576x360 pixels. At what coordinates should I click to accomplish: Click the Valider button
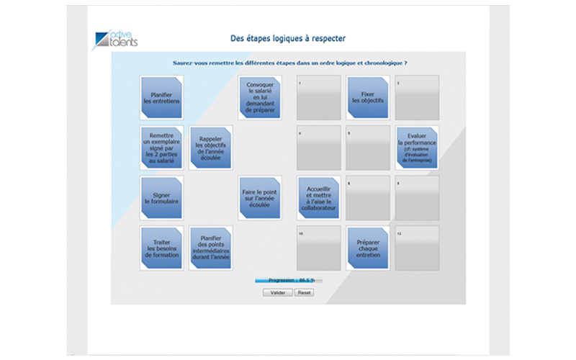[x=277, y=293]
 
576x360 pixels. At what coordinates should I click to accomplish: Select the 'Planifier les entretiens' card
[x=161, y=98]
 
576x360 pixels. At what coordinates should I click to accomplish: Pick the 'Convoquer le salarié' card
[x=260, y=98]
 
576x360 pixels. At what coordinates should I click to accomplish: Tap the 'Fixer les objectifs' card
[x=368, y=98]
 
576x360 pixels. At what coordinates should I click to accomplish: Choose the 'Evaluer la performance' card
[x=417, y=148]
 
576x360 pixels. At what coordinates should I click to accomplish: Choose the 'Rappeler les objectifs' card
[x=210, y=148]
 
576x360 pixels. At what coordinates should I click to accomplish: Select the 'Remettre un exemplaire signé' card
[x=161, y=148]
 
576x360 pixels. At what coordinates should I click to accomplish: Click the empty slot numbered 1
[x=319, y=98]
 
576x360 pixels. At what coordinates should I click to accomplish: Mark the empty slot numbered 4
[x=319, y=148]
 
